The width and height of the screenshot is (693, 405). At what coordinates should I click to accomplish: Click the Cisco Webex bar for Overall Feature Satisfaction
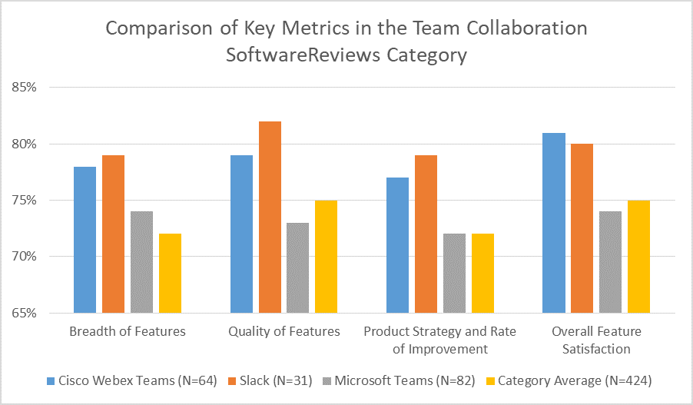(x=554, y=223)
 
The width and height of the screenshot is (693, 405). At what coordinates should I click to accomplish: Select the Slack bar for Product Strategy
(x=425, y=234)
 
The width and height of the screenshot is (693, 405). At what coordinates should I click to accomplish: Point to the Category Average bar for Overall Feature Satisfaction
(x=638, y=257)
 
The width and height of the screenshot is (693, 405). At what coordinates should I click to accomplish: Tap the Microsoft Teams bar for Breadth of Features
(x=142, y=262)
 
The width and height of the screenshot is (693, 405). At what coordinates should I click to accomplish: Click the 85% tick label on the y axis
(x=25, y=88)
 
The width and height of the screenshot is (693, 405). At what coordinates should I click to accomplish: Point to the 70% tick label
(x=25, y=257)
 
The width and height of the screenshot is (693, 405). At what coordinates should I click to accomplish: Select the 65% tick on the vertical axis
(x=25, y=313)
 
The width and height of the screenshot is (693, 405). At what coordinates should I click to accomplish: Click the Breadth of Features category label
(x=128, y=332)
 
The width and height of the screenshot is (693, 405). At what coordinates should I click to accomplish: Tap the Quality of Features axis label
(x=284, y=332)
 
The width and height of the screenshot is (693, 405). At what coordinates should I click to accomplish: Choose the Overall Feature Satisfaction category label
(x=596, y=340)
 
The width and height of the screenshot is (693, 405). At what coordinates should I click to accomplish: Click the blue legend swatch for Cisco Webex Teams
(x=51, y=380)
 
